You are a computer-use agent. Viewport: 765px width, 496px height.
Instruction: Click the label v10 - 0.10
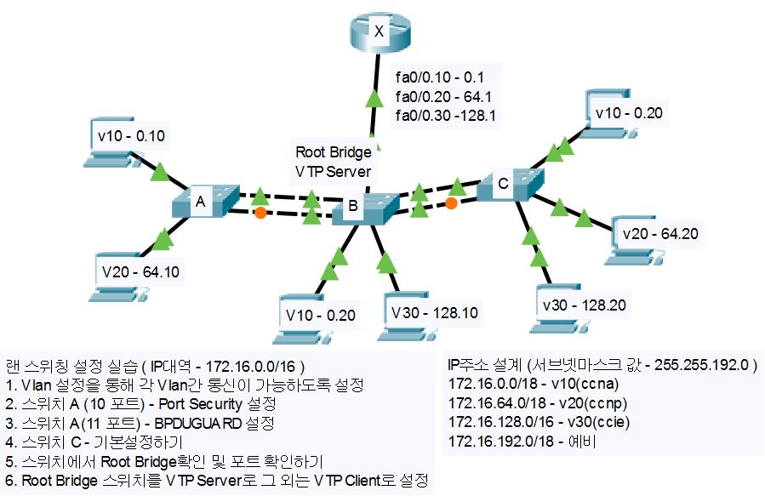click(131, 134)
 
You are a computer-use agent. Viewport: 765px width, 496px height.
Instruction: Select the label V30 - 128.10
click(434, 311)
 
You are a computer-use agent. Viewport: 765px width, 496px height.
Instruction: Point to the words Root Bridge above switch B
click(334, 152)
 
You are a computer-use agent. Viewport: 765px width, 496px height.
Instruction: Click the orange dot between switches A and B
click(260, 213)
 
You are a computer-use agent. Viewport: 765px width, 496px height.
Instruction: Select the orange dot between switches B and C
click(452, 203)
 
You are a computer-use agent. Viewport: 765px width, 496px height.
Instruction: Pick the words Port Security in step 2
click(197, 402)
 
